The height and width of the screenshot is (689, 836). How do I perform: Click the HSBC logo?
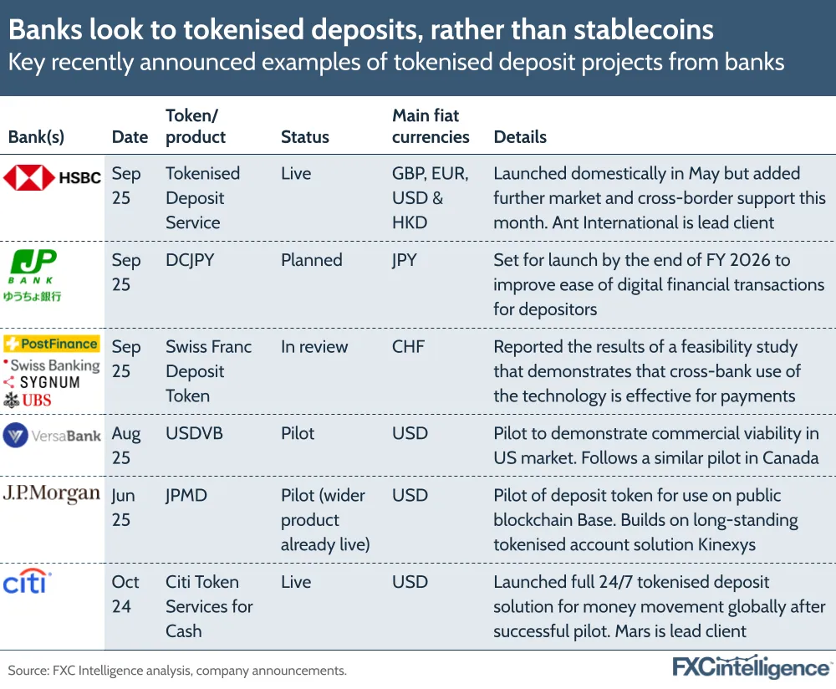(x=52, y=177)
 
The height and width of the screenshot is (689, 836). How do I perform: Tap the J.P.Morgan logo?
(x=52, y=493)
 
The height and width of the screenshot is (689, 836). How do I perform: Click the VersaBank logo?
(x=52, y=435)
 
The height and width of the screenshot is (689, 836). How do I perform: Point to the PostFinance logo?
(x=52, y=344)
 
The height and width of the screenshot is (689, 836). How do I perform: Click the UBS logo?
(x=28, y=400)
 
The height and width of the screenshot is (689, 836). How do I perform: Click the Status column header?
(x=304, y=137)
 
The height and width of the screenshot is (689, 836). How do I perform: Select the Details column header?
(x=520, y=137)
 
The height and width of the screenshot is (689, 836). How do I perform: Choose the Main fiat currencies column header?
(x=431, y=126)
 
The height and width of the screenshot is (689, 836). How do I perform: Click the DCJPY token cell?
(x=190, y=260)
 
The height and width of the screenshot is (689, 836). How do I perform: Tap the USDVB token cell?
(x=193, y=433)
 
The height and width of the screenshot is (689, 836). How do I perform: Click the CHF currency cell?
(x=409, y=346)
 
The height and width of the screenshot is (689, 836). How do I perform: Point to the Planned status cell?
(x=311, y=260)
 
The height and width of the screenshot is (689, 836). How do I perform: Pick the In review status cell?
(x=314, y=346)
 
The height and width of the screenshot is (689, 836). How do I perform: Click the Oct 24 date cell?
(x=125, y=594)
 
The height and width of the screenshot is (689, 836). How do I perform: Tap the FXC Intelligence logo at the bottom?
(x=752, y=666)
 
